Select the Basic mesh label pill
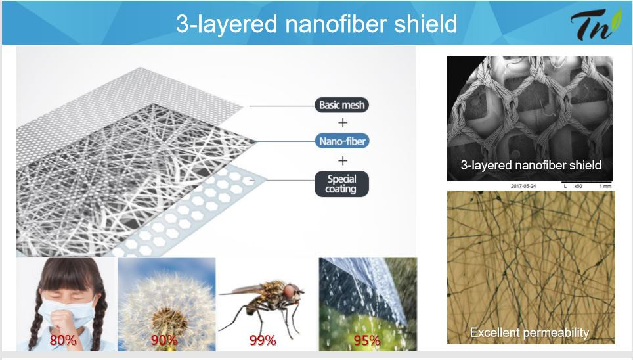click(x=341, y=105)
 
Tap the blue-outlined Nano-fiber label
click(x=341, y=140)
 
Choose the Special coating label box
click(x=341, y=183)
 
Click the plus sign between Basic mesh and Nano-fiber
click(x=341, y=122)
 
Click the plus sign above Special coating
click(x=341, y=160)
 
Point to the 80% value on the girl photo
click(x=64, y=340)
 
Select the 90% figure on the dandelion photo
click(x=164, y=340)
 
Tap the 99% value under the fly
click(x=263, y=340)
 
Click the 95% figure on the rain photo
click(x=366, y=340)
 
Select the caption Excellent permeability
click(x=529, y=333)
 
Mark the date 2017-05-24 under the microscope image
click(x=525, y=186)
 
